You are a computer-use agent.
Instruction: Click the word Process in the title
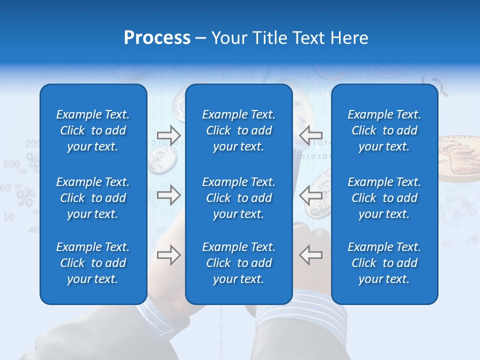(x=157, y=38)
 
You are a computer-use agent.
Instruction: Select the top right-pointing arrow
(x=168, y=135)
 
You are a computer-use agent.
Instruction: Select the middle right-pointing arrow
(x=168, y=195)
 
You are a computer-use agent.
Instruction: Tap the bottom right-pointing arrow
(x=168, y=255)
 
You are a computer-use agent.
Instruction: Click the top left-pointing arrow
(x=311, y=135)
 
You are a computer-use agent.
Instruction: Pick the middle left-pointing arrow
(x=311, y=195)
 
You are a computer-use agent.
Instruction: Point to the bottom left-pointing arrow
(x=311, y=255)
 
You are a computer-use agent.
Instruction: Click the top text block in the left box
(x=93, y=130)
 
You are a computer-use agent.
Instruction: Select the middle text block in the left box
(x=93, y=198)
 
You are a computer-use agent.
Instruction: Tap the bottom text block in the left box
(x=93, y=263)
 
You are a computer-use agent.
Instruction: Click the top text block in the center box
(x=239, y=130)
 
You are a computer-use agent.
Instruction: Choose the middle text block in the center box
(x=239, y=198)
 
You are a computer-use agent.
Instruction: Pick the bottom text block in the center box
(x=239, y=263)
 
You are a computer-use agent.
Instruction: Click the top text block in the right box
(x=384, y=130)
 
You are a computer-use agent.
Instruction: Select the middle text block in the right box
(x=384, y=198)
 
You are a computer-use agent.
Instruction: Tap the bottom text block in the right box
(x=384, y=263)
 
